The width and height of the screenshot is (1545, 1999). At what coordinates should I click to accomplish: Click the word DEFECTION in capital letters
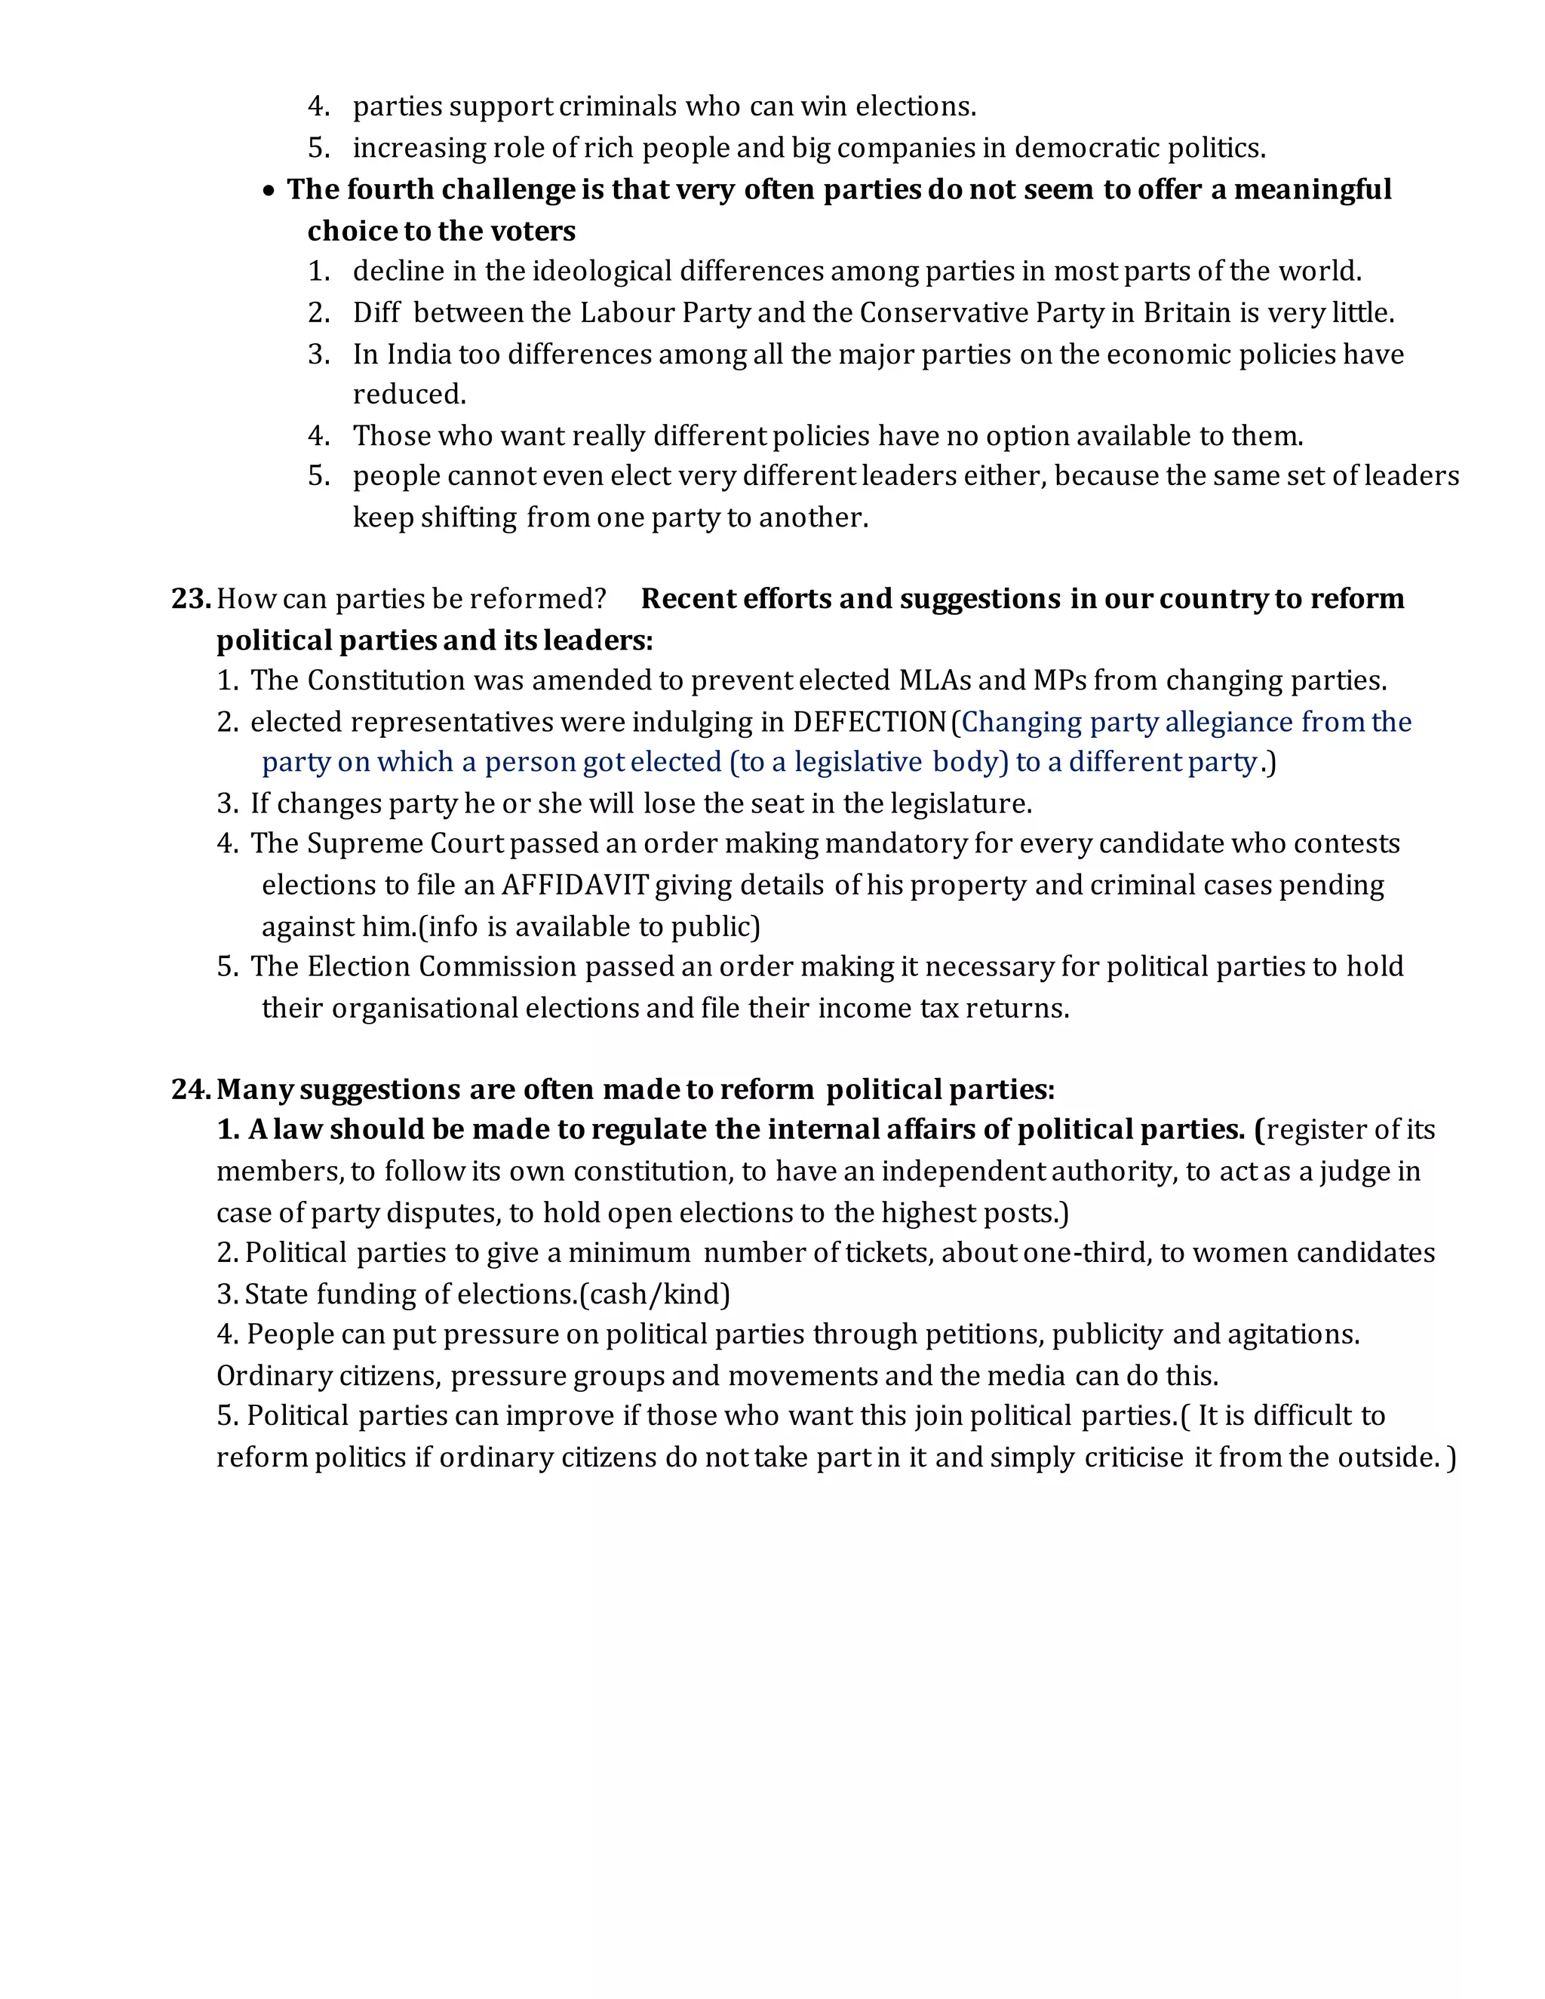pos(868,722)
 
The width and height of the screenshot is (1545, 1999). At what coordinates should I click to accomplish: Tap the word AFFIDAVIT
pos(575,885)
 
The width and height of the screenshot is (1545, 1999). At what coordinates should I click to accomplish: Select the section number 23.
pos(189,599)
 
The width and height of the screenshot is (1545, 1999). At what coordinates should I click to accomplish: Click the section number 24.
pos(190,1089)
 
